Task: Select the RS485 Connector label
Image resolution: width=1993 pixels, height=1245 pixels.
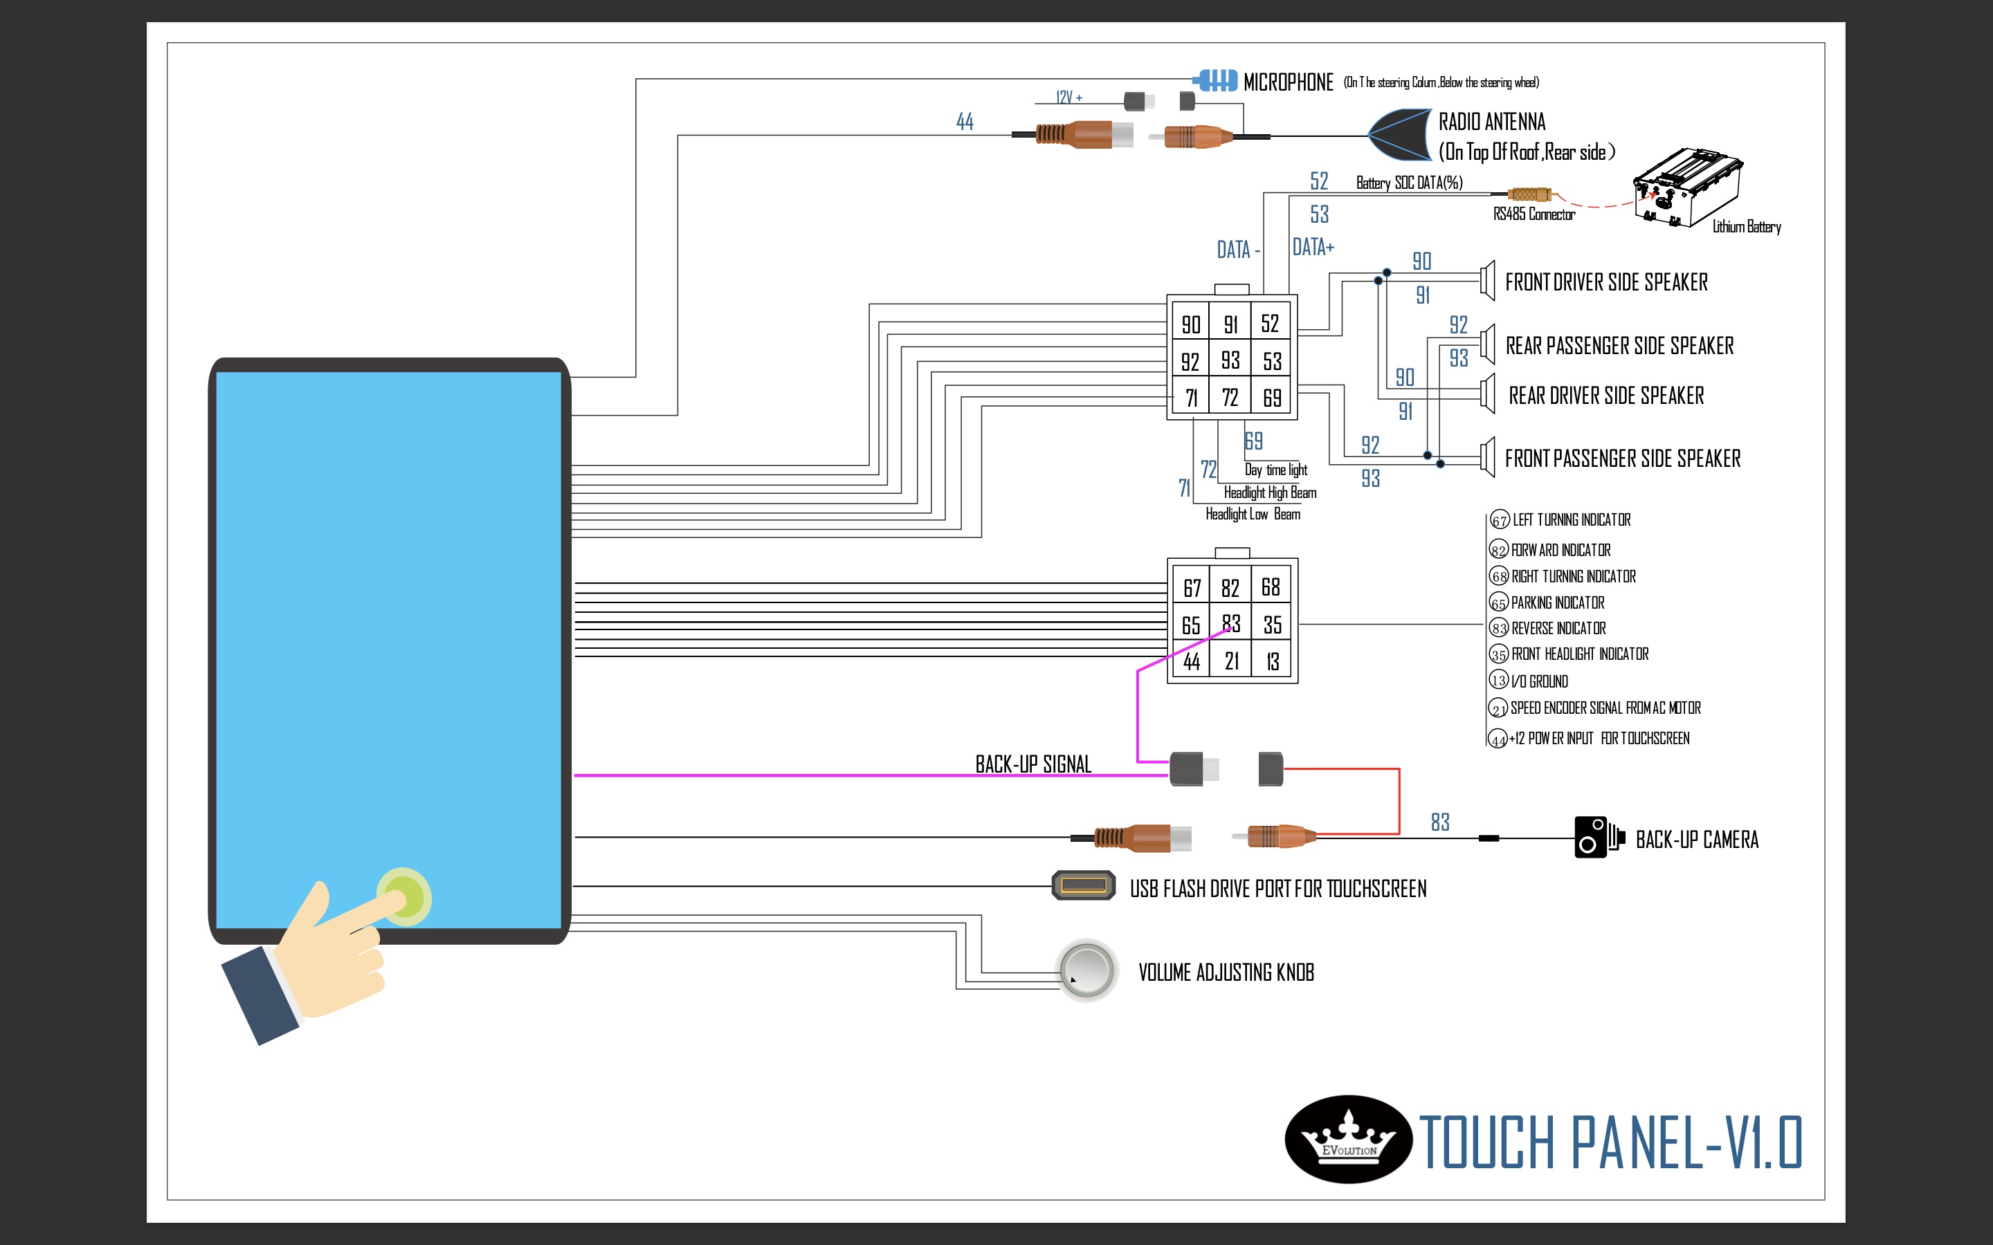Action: click(x=1534, y=215)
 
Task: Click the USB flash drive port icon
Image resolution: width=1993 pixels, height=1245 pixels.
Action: click(x=1083, y=886)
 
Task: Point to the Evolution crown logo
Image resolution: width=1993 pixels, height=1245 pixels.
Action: click(x=1348, y=1140)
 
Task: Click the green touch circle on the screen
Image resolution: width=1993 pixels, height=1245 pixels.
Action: click(x=403, y=896)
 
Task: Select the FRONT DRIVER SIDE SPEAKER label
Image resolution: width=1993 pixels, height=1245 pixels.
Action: click(x=1606, y=282)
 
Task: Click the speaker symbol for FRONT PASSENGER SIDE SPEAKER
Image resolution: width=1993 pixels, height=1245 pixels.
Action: click(x=1487, y=457)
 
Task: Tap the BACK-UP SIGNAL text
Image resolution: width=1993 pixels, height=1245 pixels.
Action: click(x=1032, y=764)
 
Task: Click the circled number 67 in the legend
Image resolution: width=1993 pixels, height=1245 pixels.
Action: click(x=1499, y=520)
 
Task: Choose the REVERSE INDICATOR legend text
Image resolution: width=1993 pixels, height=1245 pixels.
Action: click(x=1558, y=628)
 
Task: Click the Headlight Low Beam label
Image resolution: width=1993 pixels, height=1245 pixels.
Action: click(x=1253, y=515)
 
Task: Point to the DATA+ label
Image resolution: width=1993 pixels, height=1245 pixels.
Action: click(x=1313, y=247)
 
